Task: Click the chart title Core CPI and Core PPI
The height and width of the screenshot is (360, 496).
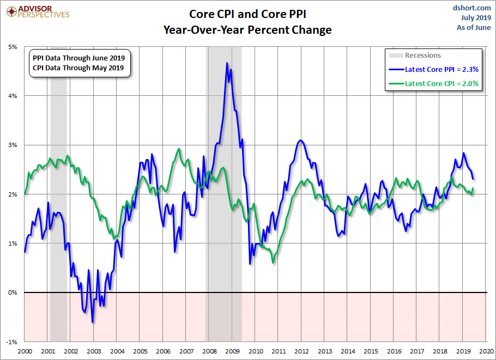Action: click(x=247, y=14)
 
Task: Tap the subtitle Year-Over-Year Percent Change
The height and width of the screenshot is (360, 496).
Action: click(x=247, y=30)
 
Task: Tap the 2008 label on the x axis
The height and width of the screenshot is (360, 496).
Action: click(x=209, y=351)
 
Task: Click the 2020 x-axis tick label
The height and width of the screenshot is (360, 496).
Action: click(x=486, y=351)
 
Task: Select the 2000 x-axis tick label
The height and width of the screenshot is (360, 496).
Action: click(x=25, y=351)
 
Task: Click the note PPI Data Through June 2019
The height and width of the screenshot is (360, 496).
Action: click(x=78, y=58)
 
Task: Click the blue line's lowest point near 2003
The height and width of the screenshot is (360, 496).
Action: click(x=93, y=322)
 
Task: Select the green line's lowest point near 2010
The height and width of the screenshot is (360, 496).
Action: click(x=273, y=263)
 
